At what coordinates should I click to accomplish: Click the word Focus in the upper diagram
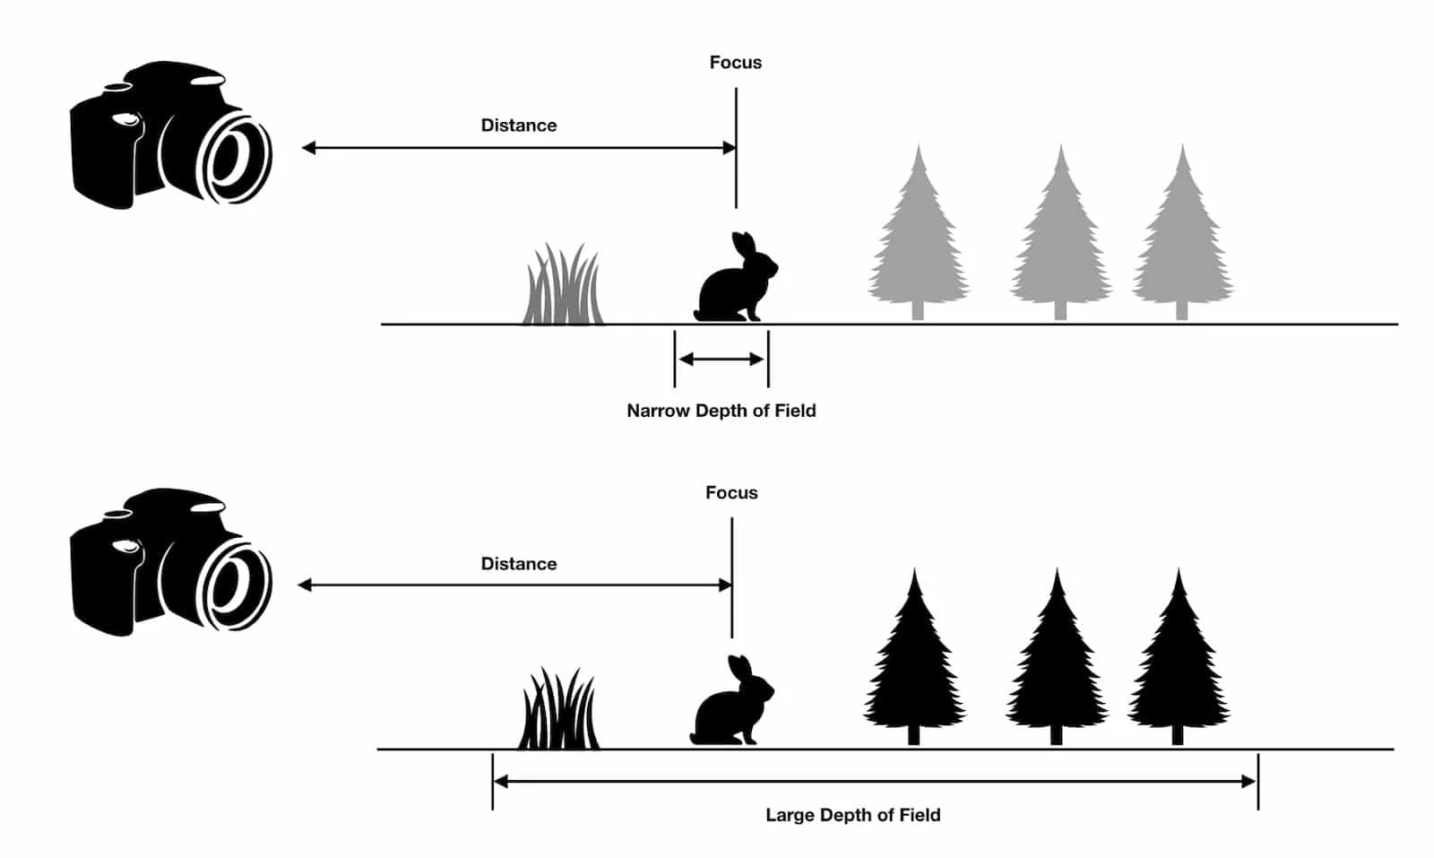[735, 63]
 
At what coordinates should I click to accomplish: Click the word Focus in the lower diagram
[731, 493]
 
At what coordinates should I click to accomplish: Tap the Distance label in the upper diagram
[518, 126]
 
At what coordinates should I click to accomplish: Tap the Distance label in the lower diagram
[518, 564]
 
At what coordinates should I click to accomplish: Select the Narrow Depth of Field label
[721, 411]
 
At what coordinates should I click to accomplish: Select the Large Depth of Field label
[852, 815]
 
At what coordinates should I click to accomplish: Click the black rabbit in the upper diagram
[730, 287]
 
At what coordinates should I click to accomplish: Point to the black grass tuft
[558, 713]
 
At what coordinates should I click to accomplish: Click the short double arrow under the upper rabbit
[721, 360]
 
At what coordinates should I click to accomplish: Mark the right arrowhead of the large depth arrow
[1249, 782]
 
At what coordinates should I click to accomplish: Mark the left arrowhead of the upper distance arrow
[308, 148]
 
